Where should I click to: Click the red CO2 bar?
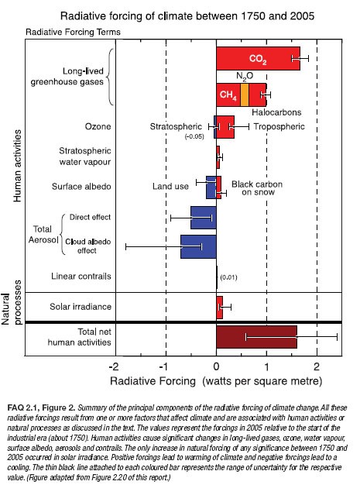coord(258,58)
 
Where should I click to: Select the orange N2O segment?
coord(245,95)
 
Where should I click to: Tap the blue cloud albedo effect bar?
coord(198,246)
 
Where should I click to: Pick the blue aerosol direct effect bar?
coord(204,218)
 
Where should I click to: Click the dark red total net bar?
coord(256,337)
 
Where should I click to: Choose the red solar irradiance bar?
coord(220,308)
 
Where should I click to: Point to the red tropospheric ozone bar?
coord(225,127)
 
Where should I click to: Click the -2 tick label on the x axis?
coord(114,366)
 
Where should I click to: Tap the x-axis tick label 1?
coord(266,366)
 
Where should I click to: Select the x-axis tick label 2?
coord(317,366)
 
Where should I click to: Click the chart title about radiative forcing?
coord(187,15)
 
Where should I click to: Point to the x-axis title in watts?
coord(216,381)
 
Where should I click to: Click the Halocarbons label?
coord(276,112)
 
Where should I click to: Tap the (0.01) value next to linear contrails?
coord(229,277)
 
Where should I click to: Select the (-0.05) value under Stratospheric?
coord(194,136)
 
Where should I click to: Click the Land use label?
coord(170,187)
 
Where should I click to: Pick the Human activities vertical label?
coord(17,166)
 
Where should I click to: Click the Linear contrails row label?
coord(81,276)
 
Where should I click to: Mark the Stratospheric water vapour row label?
coord(85,156)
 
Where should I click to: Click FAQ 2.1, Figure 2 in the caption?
coord(41,407)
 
